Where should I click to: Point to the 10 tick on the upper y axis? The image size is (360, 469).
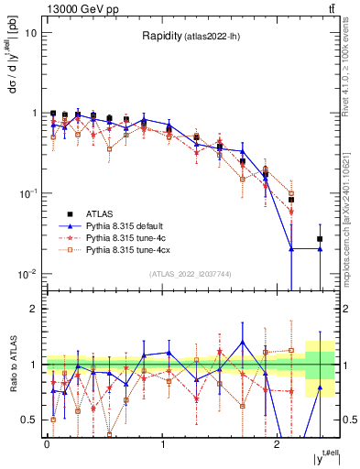(31, 33)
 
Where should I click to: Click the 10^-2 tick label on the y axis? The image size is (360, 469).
(27, 274)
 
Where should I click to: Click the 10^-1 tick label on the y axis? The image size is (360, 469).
(27, 193)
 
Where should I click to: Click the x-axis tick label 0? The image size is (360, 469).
(47, 443)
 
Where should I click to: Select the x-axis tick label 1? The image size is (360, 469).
(162, 443)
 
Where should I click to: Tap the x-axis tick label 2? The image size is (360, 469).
(278, 443)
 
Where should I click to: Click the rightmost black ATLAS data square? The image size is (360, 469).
(320, 239)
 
